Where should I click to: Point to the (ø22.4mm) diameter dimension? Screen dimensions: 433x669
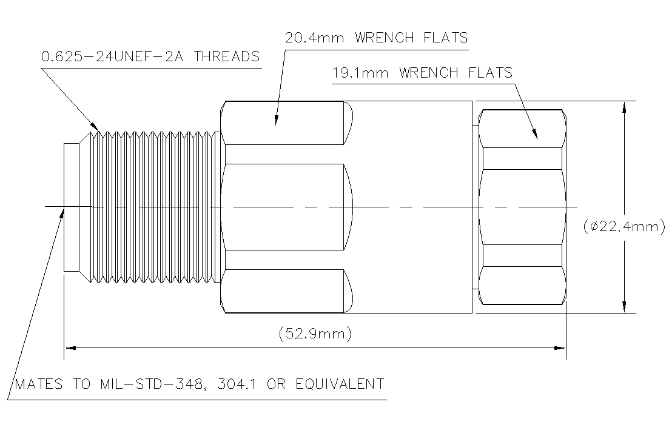click(624, 227)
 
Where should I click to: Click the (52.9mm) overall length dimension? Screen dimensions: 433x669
click(315, 334)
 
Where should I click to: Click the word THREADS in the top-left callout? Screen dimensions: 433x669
click(230, 57)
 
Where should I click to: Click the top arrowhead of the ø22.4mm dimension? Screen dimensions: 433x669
click(623, 107)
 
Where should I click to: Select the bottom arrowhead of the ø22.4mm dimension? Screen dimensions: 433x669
click(623, 307)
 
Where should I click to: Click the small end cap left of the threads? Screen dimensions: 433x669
click(71, 207)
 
